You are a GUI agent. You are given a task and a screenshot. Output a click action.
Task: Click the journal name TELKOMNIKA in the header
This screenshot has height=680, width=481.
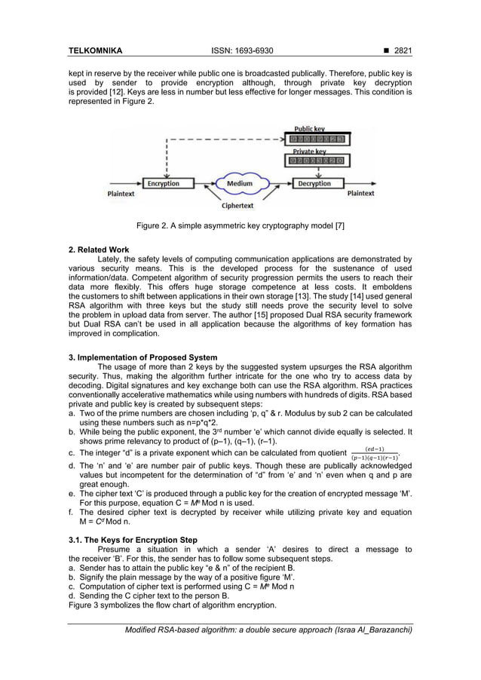coord(95,51)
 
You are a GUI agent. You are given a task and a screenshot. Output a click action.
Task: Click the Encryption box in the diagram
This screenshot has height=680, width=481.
coord(164,183)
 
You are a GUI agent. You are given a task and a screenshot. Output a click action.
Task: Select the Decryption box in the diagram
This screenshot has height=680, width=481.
coord(314,183)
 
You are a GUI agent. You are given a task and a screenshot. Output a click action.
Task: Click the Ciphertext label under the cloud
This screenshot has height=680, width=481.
coord(237,205)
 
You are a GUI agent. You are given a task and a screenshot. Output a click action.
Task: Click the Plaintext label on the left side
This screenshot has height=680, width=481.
coord(120,194)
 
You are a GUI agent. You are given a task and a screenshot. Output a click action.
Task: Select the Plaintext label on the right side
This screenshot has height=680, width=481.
coord(360,194)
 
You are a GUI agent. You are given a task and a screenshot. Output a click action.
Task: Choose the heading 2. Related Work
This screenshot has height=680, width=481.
coord(99,250)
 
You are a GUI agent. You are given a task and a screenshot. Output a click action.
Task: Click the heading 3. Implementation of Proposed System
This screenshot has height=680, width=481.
coord(142,357)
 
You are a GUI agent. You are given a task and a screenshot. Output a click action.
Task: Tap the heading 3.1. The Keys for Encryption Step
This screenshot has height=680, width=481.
coord(133,540)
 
